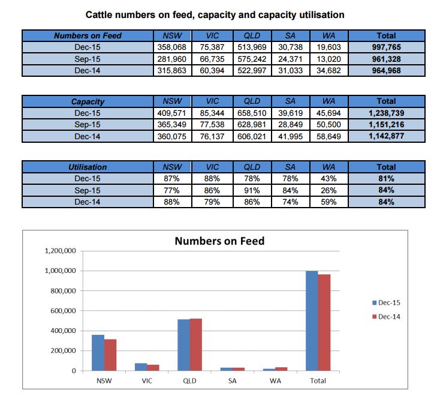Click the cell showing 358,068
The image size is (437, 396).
[171, 47]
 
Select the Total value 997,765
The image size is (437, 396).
[386, 47]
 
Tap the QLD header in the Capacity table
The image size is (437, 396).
[252, 101]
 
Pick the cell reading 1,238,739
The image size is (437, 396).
[386, 113]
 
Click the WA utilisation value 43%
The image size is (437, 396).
[328, 178]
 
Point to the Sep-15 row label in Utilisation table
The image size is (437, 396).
[88, 190]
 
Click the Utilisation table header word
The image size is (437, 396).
[88, 167]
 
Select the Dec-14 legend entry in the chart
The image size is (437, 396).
[386, 317]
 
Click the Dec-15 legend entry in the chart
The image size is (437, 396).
[386, 302]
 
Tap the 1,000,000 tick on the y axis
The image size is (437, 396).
[60, 271]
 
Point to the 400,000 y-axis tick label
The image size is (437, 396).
[63, 331]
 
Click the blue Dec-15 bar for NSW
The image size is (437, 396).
[98, 353]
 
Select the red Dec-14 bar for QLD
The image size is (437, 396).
[195, 344]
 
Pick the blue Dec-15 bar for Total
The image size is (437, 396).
[312, 321]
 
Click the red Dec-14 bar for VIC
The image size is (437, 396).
[153, 368]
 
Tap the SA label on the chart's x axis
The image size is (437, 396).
[233, 380]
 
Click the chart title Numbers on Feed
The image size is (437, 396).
[219, 241]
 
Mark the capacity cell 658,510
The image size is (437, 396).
[252, 113]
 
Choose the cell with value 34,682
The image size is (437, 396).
[328, 71]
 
